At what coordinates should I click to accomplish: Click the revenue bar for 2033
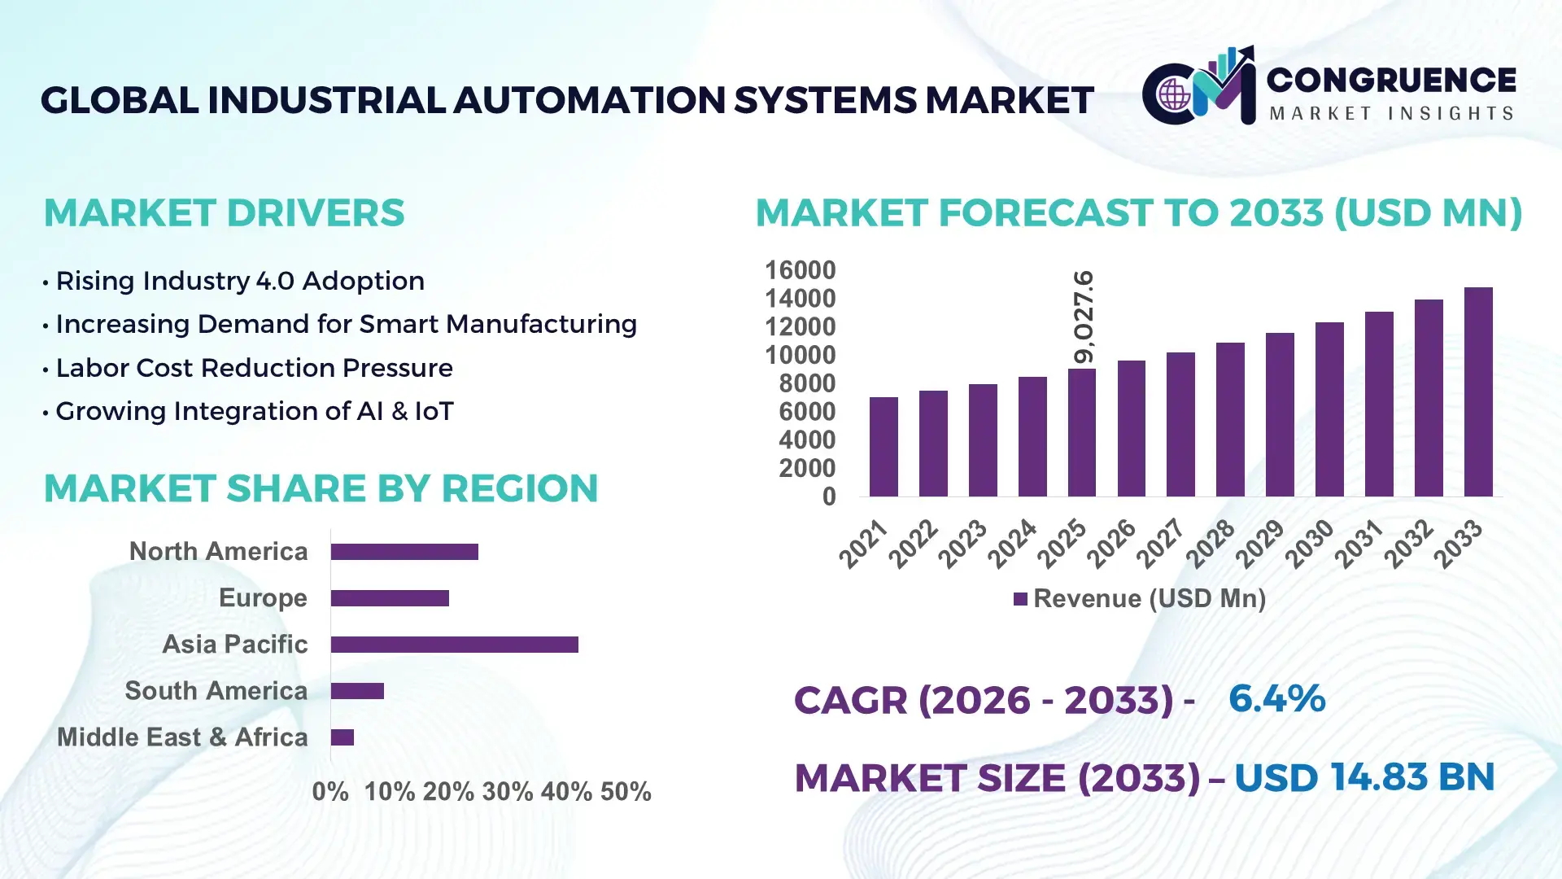pyautogui.click(x=1478, y=392)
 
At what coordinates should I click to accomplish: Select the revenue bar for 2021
pyautogui.click(x=884, y=447)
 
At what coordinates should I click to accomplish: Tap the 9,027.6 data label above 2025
pyautogui.click(x=1084, y=317)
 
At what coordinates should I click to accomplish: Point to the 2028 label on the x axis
pyautogui.click(x=1211, y=544)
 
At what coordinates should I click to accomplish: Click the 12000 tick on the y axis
pyautogui.click(x=800, y=327)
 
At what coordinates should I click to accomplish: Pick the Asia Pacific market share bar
pyautogui.click(x=454, y=645)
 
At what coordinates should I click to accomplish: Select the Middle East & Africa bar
pyautogui.click(x=343, y=737)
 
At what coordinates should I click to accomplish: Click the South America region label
pyautogui.click(x=216, y=691)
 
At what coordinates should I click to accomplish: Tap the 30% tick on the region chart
pyautogui.click(x=508, y=792)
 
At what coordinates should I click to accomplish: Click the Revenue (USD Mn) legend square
pyautogui.click(x=1020, y=600)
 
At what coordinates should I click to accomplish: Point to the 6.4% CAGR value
pyautogui.click(x=1276, y=699)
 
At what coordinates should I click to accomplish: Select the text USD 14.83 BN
pyautogui.click(x=1364, y=777)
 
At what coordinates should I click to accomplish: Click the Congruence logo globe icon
pyautogui.click(x=1174, y=95)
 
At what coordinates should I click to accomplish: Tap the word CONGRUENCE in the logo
pyautogui.click(x=1391, y=80)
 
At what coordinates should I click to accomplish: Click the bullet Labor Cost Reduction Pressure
pyautogui.click(x=254, y=368)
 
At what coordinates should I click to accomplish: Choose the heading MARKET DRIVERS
pyautogui.click(x=224, y=213)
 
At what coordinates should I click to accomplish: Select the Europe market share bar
pyautogui.click(x=390, y=598)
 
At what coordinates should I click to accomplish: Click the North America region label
pyautogui.click(x=218, y=552)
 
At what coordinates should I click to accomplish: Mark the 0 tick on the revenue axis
pyautogui.click(x=828, y=496)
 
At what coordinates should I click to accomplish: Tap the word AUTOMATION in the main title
pyautogui.click(x=589, y=100)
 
